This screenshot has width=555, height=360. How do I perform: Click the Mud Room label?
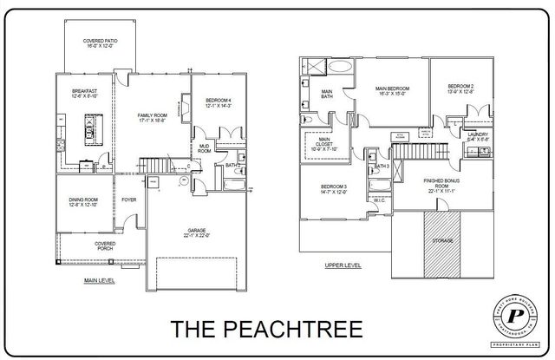pyautogui.click(x=206, y=147)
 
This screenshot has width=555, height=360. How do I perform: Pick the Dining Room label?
pyautogui.click(x=84, y=201)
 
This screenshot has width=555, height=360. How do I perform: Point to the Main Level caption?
pyautogui.click(x=101, y=280)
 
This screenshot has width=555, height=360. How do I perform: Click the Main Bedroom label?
pyautogui.click(x=392, y=90)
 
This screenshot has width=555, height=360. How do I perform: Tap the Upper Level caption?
pyautogui.click(x=343, y=265)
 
